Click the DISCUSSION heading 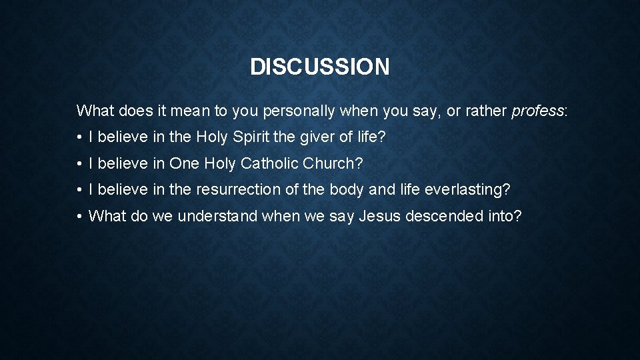[319, 67]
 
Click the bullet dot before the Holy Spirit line [79, 138]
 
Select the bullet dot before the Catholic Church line [79, 164]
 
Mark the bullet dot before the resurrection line [79, 190]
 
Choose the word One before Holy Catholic [185, 163]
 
